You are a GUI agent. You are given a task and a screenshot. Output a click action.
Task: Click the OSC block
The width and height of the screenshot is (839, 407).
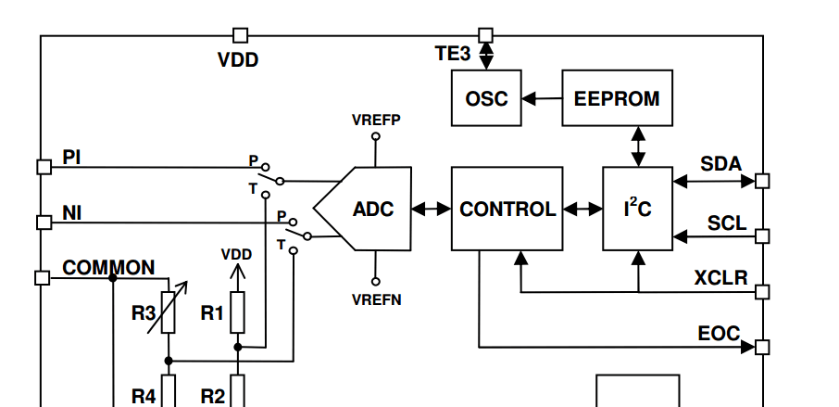pos(486,97)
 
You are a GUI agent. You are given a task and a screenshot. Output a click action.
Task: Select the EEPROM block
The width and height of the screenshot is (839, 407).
pos(617,97)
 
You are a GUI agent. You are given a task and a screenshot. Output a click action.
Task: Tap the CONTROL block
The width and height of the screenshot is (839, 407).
pos(507,209)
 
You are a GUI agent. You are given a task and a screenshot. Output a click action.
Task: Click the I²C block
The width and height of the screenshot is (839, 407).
pos(637,209)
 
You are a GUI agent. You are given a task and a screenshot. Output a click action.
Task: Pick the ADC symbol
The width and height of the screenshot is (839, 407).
pos(366,209)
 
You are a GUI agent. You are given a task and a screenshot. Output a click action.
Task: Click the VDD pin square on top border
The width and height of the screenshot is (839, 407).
pos(240,35)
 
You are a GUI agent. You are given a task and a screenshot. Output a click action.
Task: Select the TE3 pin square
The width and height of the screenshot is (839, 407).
pos(485,35)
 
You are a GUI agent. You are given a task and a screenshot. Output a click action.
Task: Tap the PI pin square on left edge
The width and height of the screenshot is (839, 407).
pos(43,167)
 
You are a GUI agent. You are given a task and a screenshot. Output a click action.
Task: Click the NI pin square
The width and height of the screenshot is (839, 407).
pos(43,223)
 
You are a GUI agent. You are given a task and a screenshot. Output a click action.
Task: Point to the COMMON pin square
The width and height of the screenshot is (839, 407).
pos(43,277)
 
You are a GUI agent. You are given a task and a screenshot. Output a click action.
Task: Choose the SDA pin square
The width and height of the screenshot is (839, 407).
pos(762,181)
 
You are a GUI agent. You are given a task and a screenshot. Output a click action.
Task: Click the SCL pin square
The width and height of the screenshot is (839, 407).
pos(762,236)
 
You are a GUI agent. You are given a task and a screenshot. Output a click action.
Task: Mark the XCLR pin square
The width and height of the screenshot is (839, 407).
pos(762,292)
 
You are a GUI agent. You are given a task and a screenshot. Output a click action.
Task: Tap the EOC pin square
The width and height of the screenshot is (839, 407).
pos(762,347)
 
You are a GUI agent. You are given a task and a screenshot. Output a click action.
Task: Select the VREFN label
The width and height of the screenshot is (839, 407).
pos(375,299)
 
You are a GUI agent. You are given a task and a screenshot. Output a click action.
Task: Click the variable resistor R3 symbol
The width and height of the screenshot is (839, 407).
pos(169,312)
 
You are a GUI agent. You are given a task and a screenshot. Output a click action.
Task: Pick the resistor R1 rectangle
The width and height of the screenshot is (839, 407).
pos(238,312)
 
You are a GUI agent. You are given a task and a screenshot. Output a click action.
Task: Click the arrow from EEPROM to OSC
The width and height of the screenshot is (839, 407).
pos(542,97)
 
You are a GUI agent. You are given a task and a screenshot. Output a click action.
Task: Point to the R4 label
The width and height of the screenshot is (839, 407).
pos(143,396)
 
